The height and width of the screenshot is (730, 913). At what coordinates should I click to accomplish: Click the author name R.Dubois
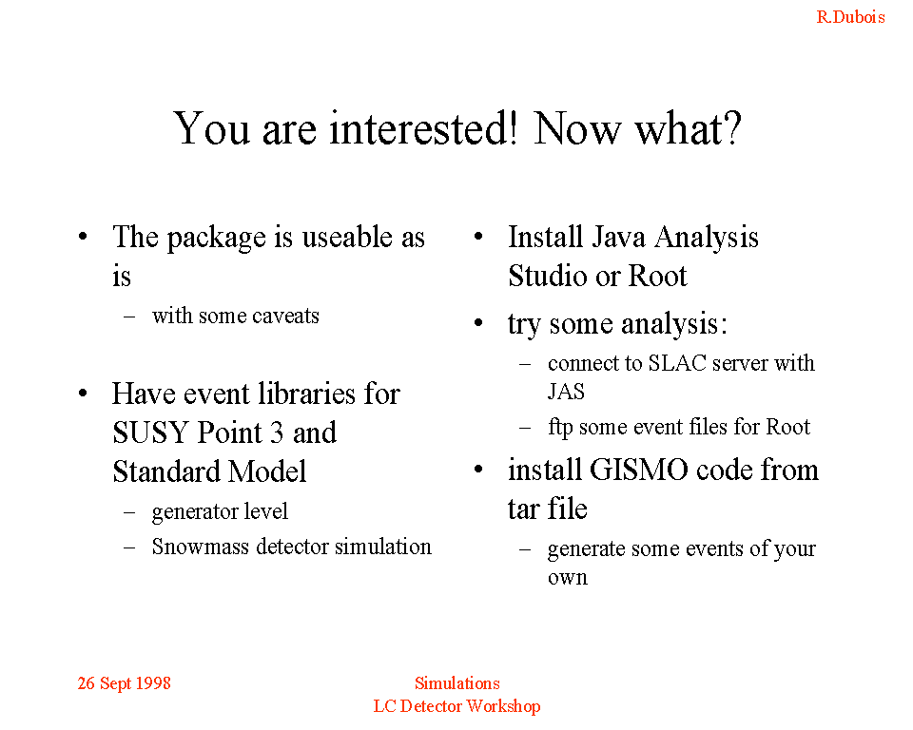850,17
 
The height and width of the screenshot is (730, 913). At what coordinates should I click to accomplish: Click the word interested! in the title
423,128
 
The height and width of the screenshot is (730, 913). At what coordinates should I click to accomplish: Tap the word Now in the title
577,128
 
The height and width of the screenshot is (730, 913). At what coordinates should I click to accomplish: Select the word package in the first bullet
217,238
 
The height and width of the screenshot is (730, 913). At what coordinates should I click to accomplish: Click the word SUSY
150,432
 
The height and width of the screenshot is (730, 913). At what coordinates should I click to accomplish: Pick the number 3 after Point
276,432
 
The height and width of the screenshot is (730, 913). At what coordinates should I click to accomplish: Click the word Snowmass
201,547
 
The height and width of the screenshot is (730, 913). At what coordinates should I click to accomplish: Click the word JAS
566,392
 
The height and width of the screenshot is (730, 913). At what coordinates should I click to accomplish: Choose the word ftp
560,428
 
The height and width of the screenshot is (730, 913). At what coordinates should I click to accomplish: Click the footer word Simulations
457,682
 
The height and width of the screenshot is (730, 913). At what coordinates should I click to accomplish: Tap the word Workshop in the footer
504,706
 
